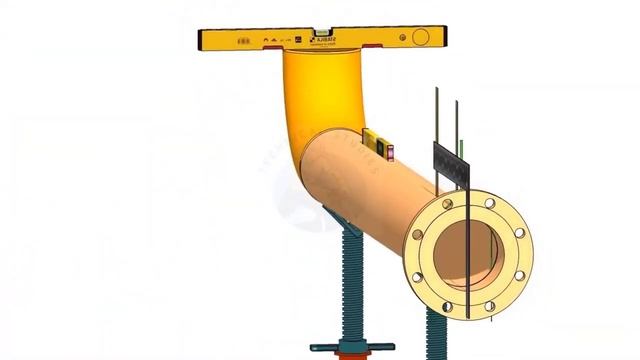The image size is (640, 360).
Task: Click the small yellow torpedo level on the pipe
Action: click(x=377, y=142)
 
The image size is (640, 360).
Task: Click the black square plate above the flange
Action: click(x=451, y=163)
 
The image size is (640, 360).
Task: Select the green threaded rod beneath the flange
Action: click(x=437, y=335)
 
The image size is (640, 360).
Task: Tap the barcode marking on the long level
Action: click(x=244, y=41)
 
